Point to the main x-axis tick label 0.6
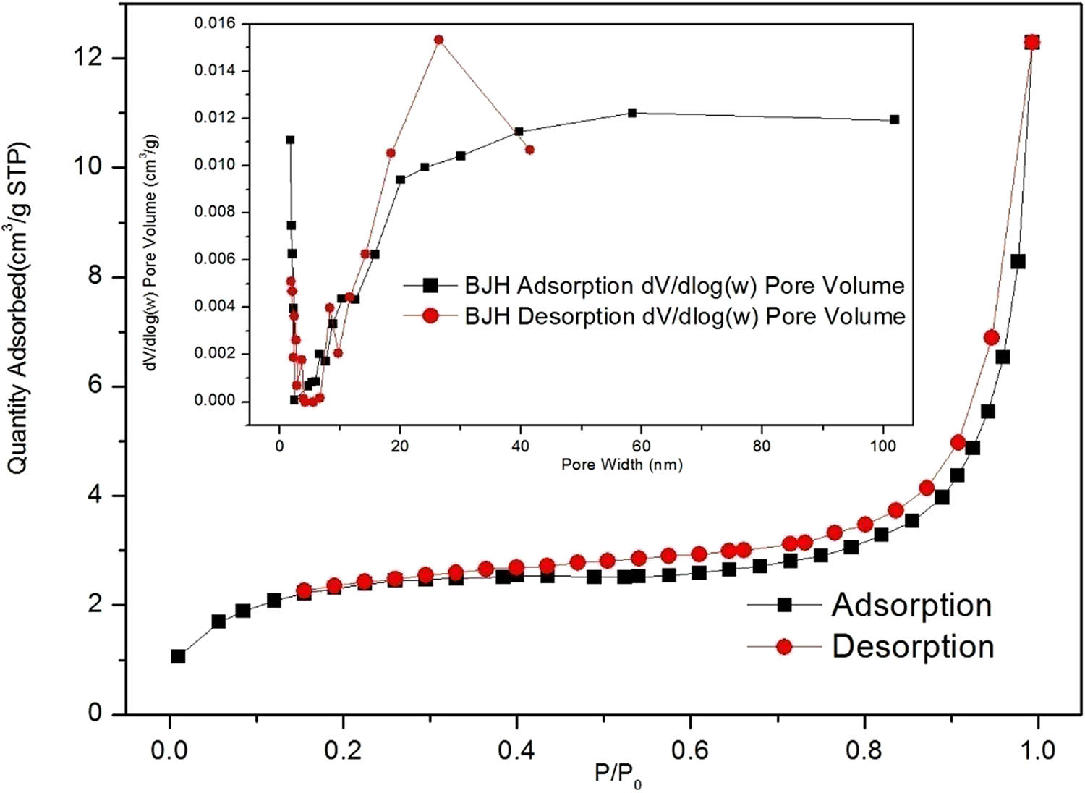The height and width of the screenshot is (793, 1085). tap(690, 750)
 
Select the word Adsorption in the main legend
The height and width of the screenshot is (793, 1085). tap(911, 605)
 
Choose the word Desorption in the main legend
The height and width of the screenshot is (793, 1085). tap(913, 646)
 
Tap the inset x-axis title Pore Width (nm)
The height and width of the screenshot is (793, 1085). tap(622, 465)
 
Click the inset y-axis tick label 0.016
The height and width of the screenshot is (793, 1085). tap(215, 24)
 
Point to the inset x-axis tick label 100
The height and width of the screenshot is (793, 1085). tap(882, 446)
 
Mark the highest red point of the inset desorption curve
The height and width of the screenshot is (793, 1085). tap(438, 40)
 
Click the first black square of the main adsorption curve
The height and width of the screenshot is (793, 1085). tap(178, 656)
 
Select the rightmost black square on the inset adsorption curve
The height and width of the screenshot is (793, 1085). tap(895, 119)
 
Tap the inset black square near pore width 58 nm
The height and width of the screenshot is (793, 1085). tap(632, 113)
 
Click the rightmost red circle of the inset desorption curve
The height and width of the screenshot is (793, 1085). tap(529, 150)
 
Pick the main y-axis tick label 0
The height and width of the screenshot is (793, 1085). tap(95, 713)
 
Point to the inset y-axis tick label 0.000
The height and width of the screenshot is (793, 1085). tap(215, 401)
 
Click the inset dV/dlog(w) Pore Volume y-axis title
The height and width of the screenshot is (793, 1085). tap(153, 253)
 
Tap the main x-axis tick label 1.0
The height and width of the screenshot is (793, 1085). tap(1038, 750)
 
